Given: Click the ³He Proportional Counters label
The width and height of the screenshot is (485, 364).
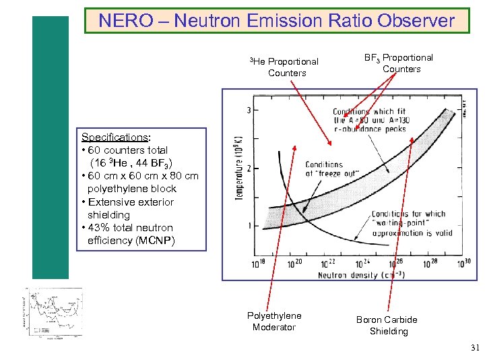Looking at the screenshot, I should (x=285, y=67).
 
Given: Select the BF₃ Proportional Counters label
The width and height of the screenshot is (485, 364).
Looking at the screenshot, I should (x=399, y=63).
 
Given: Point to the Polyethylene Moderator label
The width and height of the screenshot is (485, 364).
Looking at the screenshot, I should (x=274, y=322).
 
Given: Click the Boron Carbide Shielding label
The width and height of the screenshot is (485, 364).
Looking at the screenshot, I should (x=387, y=326).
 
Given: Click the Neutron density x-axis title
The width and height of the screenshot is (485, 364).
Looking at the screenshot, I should (x=362, y=275).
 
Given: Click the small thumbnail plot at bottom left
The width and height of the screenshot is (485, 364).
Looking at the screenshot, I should (x=53, y=312).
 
